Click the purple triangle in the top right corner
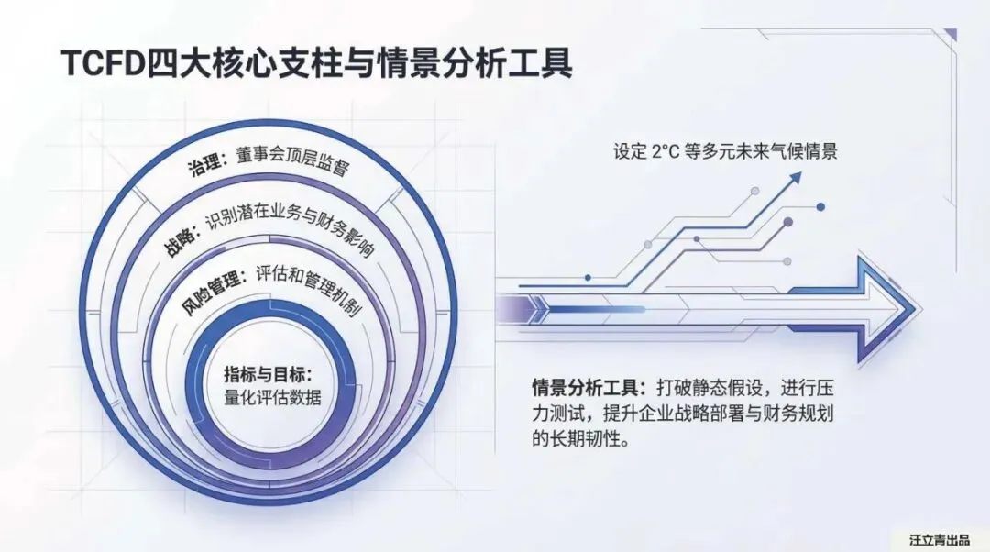coord(951,35)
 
